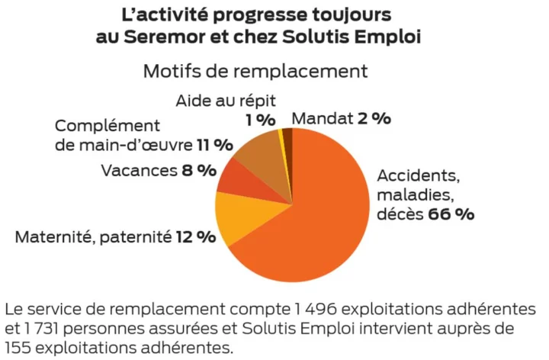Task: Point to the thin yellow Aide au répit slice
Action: click(x=283, y=136)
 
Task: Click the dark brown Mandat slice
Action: click(x=288, y=135)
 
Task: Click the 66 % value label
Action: click(x=451, y=214)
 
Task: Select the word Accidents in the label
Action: click(x=418, y=175)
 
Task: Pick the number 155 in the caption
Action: click(x=18, y=348)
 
